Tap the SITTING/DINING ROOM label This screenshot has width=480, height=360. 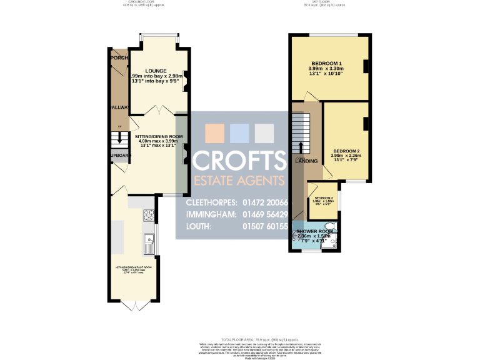pos(159,136)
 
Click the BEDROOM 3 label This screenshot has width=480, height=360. pos(322,198)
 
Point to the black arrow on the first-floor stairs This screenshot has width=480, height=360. pos(301,147)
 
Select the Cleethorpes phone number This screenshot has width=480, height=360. pos(265,203)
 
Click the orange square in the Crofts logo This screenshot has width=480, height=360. pos(214,133)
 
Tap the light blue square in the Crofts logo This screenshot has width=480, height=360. pos(240,133)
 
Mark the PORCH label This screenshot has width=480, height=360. pos(118,58)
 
